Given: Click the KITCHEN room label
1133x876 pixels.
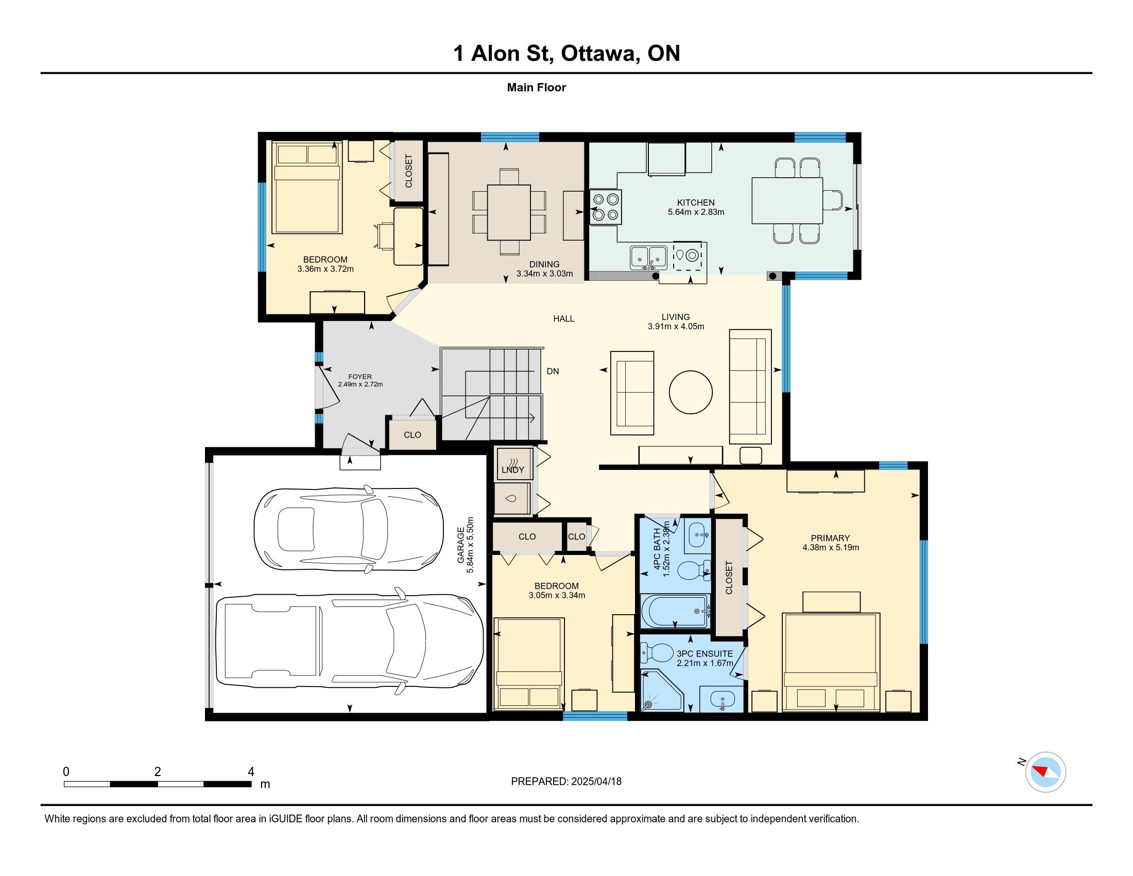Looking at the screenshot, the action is pyautogui.click(x=695, y=203).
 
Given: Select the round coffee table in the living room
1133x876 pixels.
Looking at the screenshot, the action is pyautogui.click(x=691, y=392).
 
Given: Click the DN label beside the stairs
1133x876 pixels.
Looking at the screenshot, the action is pyautogui.click(x=553, y=371).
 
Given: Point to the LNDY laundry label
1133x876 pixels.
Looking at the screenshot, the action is pyautogui.click(x=512, y=469).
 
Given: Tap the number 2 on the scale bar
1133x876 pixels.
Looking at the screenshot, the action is pyautogui.click(x=158, y=772).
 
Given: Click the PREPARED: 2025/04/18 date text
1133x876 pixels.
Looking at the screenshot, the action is pyautogui.click(x=566, y=781).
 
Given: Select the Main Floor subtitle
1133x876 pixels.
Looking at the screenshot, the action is pyautogui.click(x=537, y=87).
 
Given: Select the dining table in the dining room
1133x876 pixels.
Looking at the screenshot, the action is pyautogui.click(x=509, y=212).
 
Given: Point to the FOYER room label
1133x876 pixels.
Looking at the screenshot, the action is pyautogui.click(x=360, y=377).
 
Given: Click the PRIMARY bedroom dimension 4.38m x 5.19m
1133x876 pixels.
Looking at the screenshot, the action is pyautogui.click(x=831, y=547).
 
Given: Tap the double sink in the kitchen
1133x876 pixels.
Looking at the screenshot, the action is pyautogui.click(x=648, y=258).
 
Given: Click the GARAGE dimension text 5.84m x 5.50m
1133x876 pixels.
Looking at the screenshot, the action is pyautogui.click(x=471, y=545).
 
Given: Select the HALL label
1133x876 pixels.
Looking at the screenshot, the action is pyautogui.click(x=563, y=318).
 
